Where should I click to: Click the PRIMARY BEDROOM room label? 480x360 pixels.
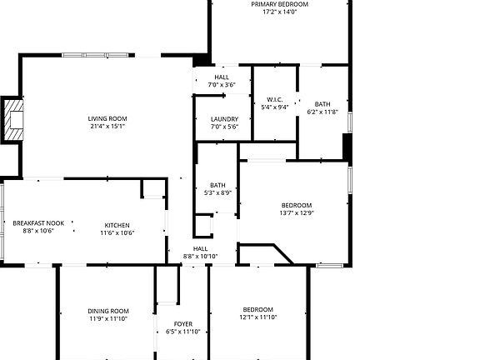(280, 4)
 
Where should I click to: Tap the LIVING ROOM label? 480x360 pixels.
(107, 118)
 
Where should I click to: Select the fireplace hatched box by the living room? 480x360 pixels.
(14, 121)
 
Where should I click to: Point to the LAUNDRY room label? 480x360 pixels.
(224, 118)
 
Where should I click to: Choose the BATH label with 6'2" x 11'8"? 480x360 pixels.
(322, 104)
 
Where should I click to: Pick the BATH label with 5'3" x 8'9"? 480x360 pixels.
(217, 185)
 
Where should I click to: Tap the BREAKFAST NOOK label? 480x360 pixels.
(38, 223)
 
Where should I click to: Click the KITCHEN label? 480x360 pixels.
(117, 225)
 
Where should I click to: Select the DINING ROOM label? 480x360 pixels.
(108, 311)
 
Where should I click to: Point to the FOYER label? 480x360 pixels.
(183, 323)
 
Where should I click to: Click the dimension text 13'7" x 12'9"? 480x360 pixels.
(297, 213)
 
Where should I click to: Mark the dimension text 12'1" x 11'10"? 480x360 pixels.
(257, 317)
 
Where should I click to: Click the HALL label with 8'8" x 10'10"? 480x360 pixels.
(201, 248)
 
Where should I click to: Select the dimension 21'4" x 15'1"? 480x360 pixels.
(107, 127)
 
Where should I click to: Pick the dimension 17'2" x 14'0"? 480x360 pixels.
(280, 12)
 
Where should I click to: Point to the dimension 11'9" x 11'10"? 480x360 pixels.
(108, 318)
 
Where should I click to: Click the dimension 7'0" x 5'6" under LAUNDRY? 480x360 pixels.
(224, 127)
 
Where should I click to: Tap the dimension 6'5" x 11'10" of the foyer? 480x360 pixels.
(183, 332)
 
